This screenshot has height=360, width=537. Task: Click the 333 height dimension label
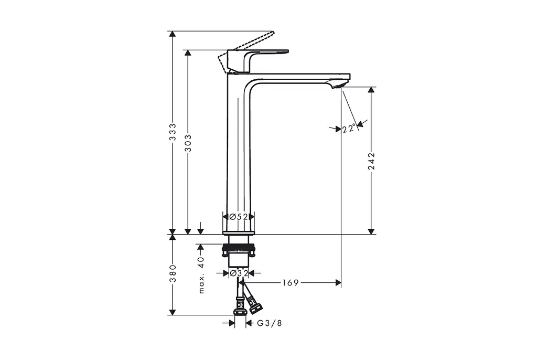pyautogui.click(x=173, y=132)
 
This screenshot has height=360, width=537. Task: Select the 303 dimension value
pyautogui.click(x=188, y=143)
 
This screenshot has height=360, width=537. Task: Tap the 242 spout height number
pyautogui.click(x=372, y=161)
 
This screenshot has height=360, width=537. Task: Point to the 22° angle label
pyautogui.click(x=349, y=129)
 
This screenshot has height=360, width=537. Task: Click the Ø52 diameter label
pyautogui.click(x=239, y=217)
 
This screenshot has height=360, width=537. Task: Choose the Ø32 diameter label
pyautogui.click(x=239, y=273)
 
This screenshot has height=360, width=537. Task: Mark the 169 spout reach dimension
pyautogui.click(x=291, y=282)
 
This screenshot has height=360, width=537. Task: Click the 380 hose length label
pyautogui.click(x=173, y=273)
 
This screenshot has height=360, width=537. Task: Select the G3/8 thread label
pyautogui.click(x=270, y=323)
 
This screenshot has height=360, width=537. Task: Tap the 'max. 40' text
pyautogui.click(x=201, y=275)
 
